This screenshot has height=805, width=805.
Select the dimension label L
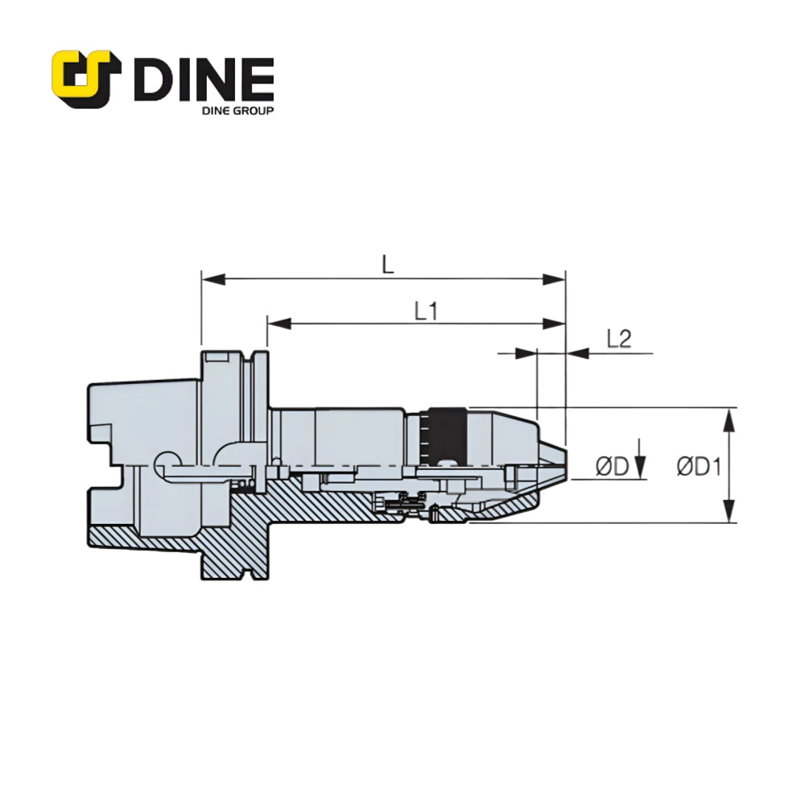[388, 264]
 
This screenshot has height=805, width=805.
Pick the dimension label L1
[426, 310]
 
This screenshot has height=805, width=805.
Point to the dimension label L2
[618, 339]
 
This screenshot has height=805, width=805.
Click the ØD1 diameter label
[697, 466]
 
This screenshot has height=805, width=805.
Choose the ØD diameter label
[611, 466]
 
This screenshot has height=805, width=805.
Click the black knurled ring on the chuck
[448, 435]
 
